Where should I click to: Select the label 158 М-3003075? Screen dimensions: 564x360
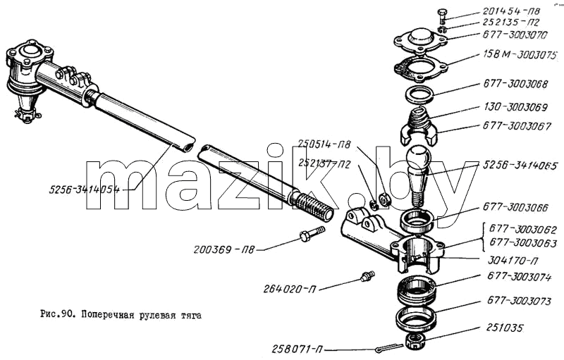pos(520,55)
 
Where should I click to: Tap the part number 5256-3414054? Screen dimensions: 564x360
pos(85,189)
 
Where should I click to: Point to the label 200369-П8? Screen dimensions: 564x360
pos(224,249)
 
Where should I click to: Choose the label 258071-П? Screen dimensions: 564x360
pos(298,349)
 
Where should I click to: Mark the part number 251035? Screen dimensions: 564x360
pos(505,328)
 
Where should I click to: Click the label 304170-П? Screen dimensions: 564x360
pos(513,260)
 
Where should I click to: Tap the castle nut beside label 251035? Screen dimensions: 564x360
pos(416,340)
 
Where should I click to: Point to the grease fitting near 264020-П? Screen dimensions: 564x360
pos(367,276)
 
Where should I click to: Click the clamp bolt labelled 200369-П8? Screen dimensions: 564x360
pos(312,233)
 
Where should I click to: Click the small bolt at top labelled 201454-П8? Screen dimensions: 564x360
pos(443,16)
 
